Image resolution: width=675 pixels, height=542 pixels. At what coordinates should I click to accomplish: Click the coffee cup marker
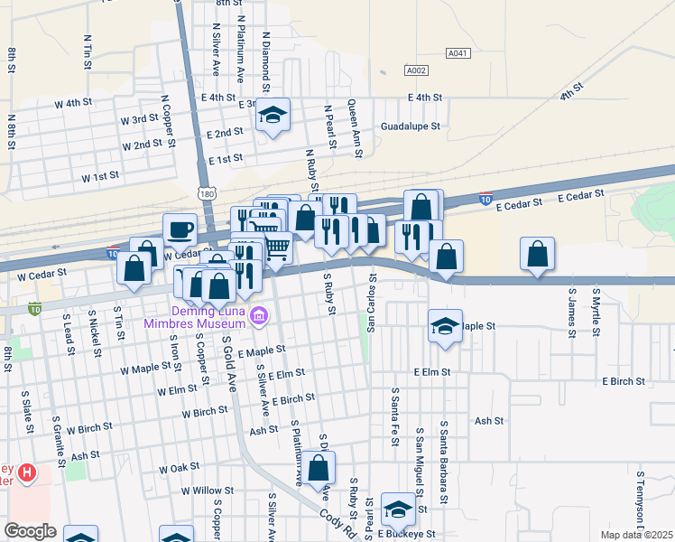coord(180,229)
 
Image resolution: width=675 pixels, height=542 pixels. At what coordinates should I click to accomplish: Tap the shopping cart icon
coord(277,248)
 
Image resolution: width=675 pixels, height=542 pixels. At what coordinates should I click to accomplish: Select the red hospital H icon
coord(27,472)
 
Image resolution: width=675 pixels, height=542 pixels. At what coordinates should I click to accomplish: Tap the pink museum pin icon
coord(260,315)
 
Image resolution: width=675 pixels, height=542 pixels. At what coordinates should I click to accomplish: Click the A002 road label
coord(416,70)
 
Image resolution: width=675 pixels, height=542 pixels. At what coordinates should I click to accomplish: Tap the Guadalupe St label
coord(410,127)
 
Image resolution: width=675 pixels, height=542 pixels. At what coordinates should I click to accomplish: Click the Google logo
coord(30,531)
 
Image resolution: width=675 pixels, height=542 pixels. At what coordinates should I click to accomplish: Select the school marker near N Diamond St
coord(273,116)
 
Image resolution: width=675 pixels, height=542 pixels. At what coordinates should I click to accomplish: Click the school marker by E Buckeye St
coord(398,510)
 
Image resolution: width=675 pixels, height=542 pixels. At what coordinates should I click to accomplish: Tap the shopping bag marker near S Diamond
coord(319,468)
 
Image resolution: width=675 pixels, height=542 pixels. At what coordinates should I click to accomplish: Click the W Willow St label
coord(207,491)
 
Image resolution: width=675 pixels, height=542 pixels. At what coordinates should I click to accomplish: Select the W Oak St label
coord(179,469)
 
